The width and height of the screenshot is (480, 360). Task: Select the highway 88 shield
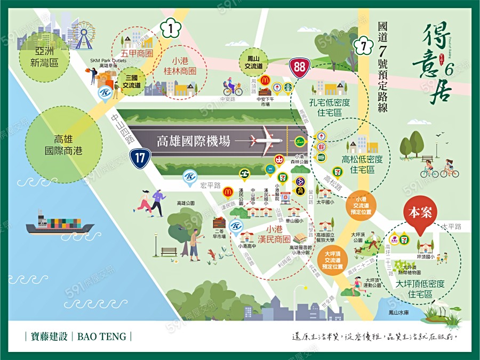(x=299, y=67)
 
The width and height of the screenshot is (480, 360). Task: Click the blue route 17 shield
(x=139, y=157)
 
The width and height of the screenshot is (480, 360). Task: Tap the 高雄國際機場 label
(x=194, y=141)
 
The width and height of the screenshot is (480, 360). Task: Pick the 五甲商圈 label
(x=137, y=53)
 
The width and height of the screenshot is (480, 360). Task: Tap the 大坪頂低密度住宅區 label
(x=419, y=289)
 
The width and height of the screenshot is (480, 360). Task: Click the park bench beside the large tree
(x=169, y=251)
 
